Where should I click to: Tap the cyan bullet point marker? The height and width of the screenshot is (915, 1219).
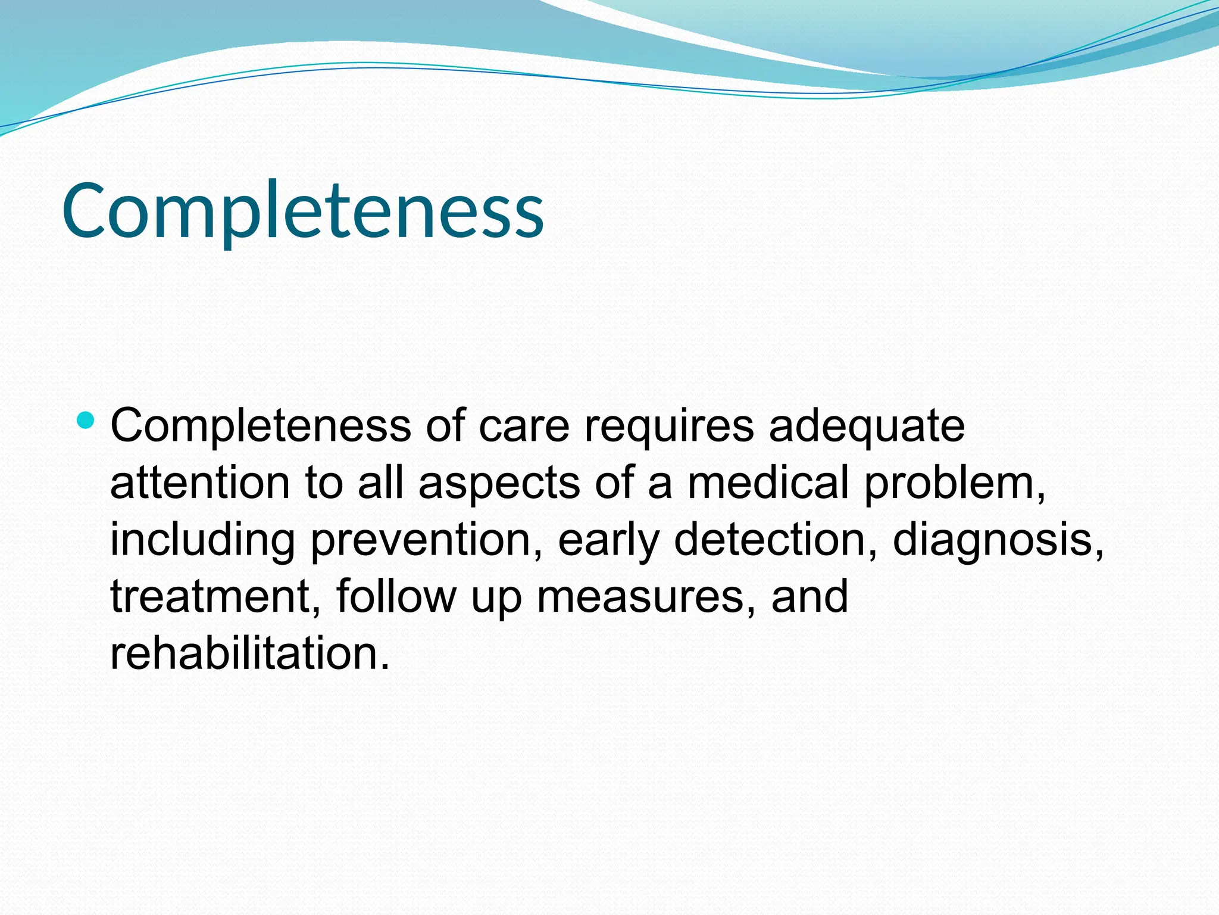86,421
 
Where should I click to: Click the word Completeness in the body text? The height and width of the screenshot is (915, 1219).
261,427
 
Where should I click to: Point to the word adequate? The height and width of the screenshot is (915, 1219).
867,427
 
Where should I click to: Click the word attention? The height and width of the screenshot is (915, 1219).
200,483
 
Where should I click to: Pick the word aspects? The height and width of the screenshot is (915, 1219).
499,483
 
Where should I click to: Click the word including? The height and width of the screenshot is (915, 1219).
202,540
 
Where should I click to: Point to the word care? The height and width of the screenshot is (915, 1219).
524,427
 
